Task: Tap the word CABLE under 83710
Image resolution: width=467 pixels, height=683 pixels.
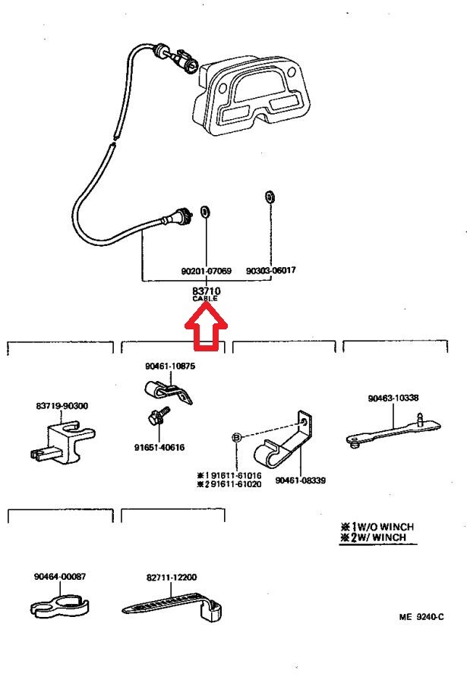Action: pos(204,299)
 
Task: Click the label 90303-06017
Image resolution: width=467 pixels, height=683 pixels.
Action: pos(271,271)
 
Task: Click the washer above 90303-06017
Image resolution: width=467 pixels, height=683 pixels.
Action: pos(270,197)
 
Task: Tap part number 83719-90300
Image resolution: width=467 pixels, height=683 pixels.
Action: pos(62,406)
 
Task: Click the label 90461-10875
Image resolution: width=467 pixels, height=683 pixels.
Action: pos(170,366)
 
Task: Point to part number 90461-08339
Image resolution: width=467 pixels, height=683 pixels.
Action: pos(300,480)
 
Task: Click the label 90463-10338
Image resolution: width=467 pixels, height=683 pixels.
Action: pos(393,398)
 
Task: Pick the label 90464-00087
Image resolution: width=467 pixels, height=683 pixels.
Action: pos(59,577)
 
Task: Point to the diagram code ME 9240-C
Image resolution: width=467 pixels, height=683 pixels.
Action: pos(421,617)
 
